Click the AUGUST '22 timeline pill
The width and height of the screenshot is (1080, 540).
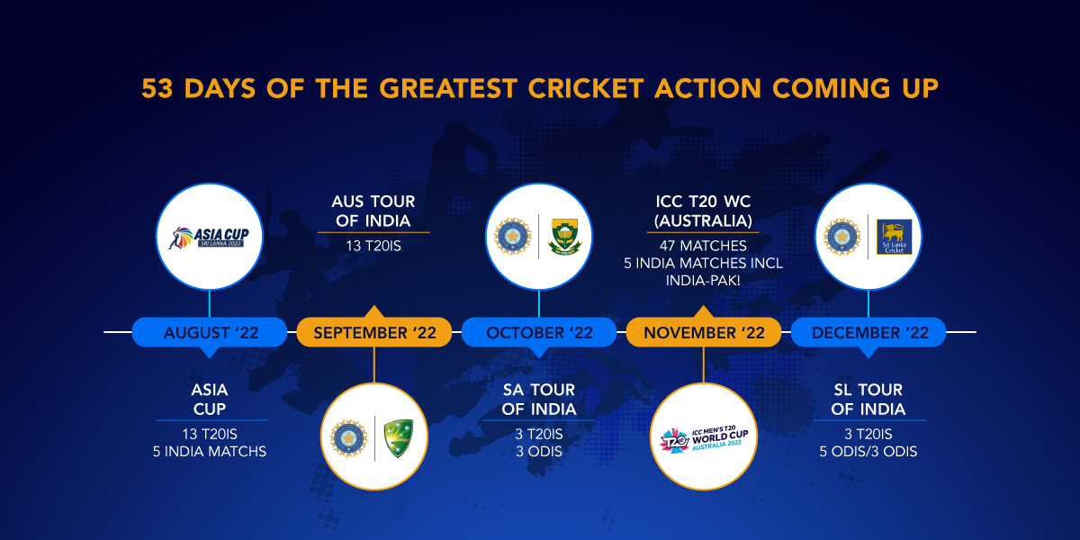pyautogui.click(x=211, y=332)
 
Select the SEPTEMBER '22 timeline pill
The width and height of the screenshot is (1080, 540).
pyautogui.click(x=374, y=333)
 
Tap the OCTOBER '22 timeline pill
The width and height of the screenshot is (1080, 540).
pyautogui.click(x=539, y=332)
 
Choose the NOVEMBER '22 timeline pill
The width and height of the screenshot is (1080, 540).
pyautogui.click(x=704, y=333)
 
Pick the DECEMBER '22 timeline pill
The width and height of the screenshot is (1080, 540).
pyautogui.click(x=868, y=332)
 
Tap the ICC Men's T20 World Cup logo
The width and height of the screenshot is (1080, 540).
pyautogui.click(x=704, y=436)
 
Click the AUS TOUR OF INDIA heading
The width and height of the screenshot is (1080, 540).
pyautogui.click(x=373, y=211)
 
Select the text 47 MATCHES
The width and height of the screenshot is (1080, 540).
pyautogui.click(x=703, y=246)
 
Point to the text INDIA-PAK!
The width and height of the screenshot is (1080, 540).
pyautogui.click(x=703, y=281)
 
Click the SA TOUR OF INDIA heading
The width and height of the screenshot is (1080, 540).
pyautogui.click(x=538, y=400)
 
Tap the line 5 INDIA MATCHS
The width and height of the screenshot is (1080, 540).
pyautogui.click(x=210, y=451)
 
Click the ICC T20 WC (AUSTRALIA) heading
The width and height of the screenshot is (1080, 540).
pyautogui.click(x=703, y=211)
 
